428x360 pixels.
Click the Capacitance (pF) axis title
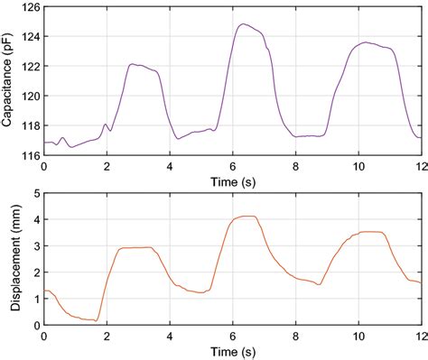tap(9, 81)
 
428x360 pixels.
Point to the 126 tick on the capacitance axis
tap(29, 7)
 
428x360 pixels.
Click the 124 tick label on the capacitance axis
tap(29, 37)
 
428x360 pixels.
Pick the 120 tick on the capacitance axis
tap(29, 97)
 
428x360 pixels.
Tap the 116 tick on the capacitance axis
tap(29, 155)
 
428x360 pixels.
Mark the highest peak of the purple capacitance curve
tap(241, 24)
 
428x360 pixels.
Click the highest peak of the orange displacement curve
tap(246, 217)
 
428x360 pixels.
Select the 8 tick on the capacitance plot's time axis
tap(295, 167)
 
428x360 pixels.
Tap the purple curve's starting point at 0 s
tap(44, 143)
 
